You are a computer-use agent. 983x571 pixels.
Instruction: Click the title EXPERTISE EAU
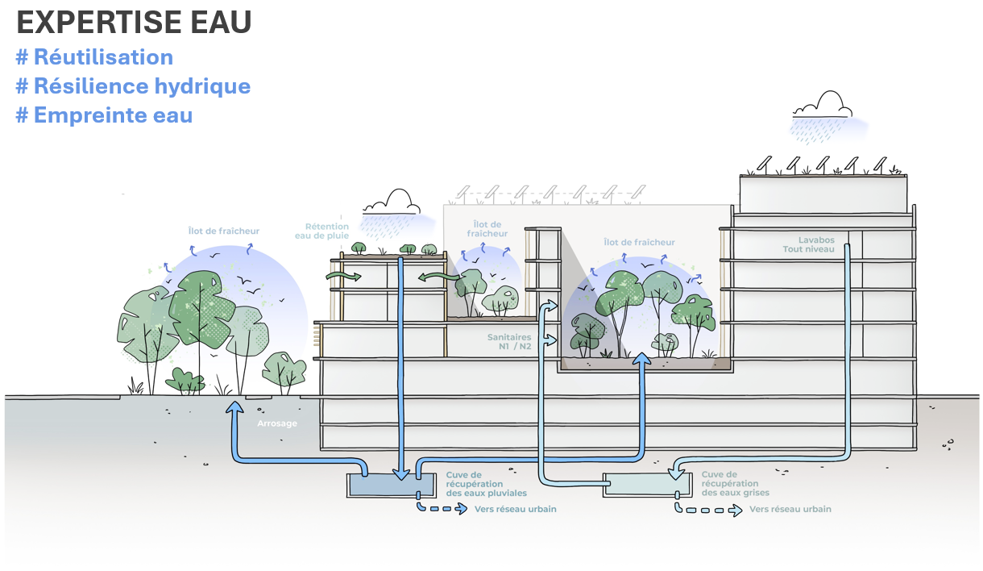tap(134, 23)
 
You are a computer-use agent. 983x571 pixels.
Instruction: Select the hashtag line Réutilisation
tap(94, 57)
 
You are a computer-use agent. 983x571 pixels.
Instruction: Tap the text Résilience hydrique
tap(133, 86)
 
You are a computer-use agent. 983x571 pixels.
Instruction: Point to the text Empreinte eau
tap(104, 115)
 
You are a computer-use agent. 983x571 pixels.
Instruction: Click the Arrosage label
tap(276, 423)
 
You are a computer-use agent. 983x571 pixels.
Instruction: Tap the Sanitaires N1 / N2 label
tap(509, 342)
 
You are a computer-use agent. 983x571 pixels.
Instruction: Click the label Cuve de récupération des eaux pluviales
tap(486, 484)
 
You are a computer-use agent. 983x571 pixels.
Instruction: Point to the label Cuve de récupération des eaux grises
tap(735, 484)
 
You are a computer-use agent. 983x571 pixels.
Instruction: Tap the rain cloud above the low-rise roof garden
tap(392, 202)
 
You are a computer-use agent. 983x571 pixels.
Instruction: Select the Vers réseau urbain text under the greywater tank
tap(790, 510)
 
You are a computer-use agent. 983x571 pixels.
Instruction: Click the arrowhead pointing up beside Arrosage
tap(235, 410)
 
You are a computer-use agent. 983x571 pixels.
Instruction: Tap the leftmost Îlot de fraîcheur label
tap(223, 231)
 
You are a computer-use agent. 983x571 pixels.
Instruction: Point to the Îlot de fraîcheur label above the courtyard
tap(639, 242)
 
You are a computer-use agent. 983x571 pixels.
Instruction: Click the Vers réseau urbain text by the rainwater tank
tap(516, 510)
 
